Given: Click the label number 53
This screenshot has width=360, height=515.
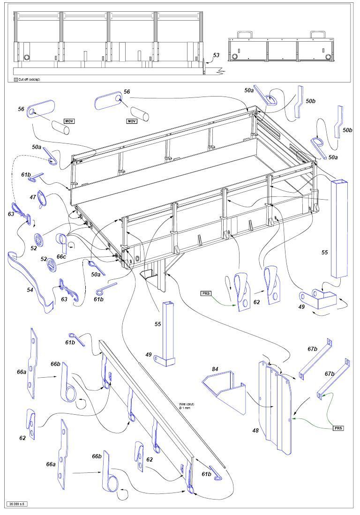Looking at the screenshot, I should [216, 55].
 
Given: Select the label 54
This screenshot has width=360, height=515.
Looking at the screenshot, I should [30, 290].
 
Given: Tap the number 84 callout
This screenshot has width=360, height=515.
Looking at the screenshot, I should [215, 370].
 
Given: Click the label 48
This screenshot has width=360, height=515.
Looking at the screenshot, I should [255, 431].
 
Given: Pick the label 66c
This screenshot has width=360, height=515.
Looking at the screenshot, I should [61, 257].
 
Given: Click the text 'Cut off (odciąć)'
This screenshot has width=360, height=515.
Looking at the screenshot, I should [29, 80].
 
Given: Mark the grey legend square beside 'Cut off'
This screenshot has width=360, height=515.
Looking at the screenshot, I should [15, 80].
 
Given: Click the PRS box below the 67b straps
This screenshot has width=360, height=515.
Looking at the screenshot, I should [338, 428].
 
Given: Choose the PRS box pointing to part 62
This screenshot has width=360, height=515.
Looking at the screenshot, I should [206, 293].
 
